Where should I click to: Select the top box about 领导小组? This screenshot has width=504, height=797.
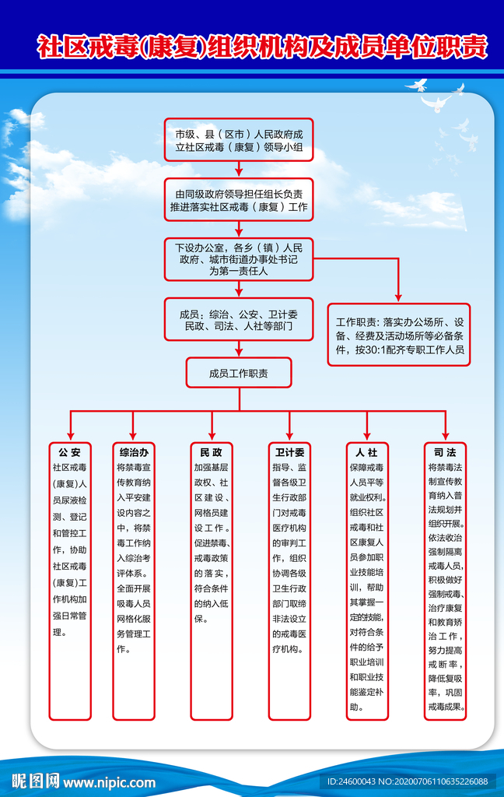pos(239,140)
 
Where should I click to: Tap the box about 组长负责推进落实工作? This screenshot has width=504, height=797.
pos(239,200)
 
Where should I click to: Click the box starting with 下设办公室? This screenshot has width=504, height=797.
pos(239,259)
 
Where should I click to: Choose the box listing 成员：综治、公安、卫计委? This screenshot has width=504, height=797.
pos(239,320)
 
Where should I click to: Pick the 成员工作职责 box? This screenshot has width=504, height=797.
pos(239,373)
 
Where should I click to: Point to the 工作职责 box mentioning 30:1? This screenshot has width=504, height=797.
pos(400,335)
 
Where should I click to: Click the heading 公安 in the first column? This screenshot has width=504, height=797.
pos(70,452)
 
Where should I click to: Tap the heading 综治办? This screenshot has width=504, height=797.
pos(134,452)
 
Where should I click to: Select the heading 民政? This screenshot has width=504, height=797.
pos(212,452)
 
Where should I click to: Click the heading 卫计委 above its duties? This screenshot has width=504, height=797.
pos(289,452)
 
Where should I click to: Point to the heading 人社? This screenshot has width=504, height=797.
pos(367,452)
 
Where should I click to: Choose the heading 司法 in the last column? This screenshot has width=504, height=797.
pos(446,452)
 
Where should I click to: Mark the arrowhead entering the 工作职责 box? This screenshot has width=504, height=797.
pos(400,297)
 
